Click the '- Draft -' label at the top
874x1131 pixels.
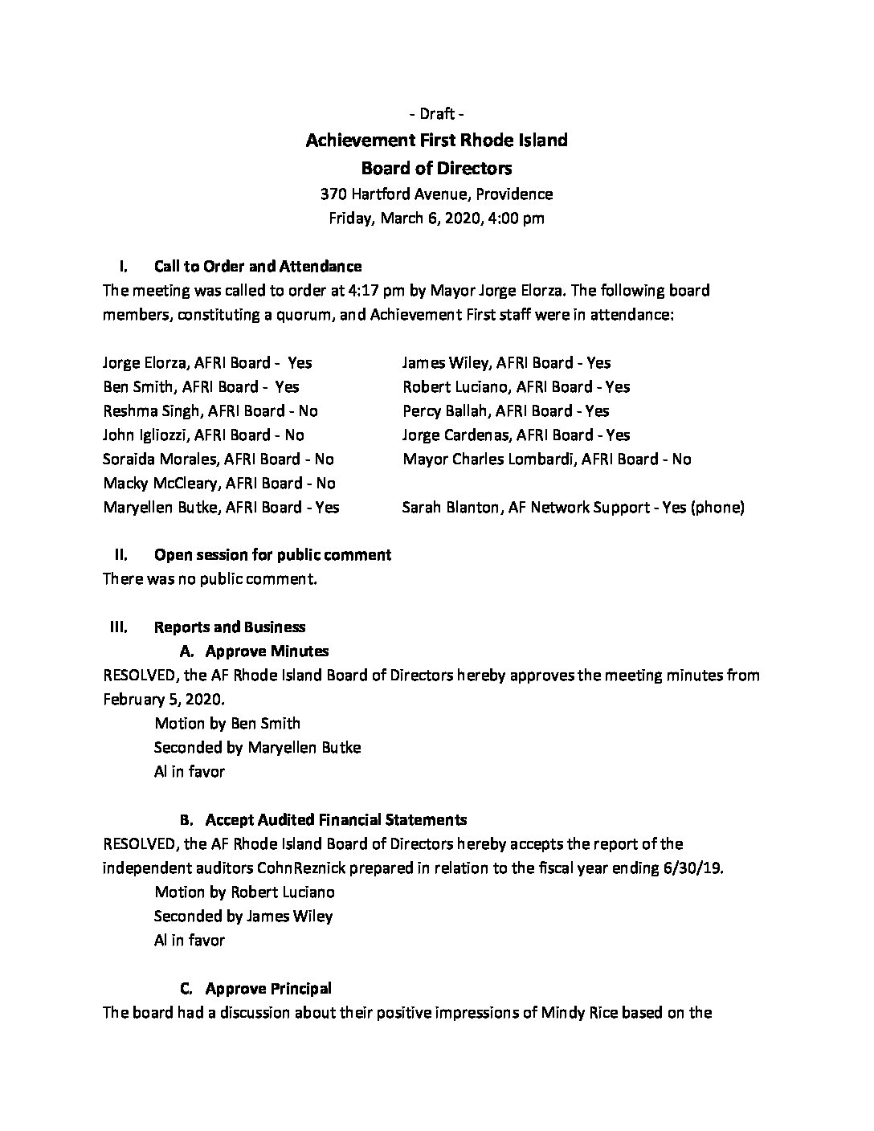point(436,113)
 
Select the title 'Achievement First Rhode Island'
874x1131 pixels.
point(436,141)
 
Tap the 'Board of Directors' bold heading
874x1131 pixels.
point(436,168)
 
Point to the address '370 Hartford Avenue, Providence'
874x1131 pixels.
point(436,194)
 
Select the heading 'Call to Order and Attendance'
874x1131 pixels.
point(258,266)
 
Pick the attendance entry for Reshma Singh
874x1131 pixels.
point(210,410)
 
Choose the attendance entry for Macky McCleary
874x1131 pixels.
point(219,483)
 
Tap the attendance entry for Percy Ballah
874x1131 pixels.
point(506,410)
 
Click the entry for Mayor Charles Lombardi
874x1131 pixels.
point(547,459)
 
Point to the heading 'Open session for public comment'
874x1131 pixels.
point(272,554)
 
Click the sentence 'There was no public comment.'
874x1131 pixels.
point(210,578)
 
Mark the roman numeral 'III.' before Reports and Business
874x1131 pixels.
point(119,627)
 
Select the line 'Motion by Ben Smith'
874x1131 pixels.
point(227,723)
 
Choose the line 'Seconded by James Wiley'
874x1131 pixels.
point(243,916)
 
